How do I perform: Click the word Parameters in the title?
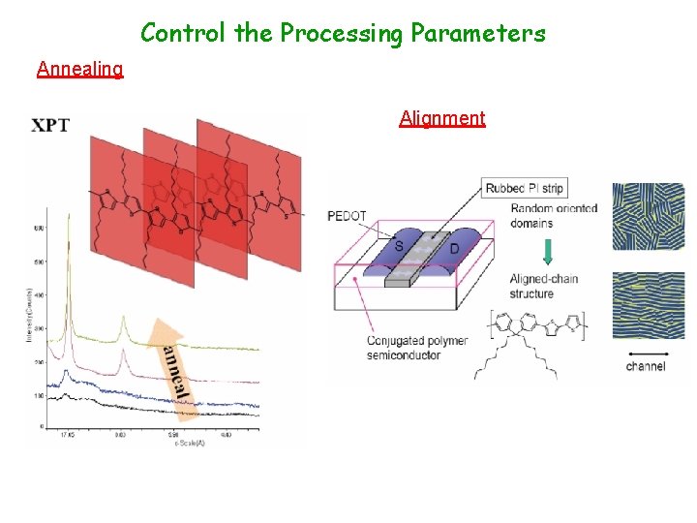478,34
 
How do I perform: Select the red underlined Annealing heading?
79,69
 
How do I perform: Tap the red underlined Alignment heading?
442,118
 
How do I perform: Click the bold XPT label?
50,125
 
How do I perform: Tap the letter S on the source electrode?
400,247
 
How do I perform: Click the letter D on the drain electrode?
454,250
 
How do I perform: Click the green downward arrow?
548,251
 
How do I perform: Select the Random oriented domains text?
554,216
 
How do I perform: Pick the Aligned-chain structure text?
544,287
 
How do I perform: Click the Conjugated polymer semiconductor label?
417,348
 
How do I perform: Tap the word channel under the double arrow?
646,366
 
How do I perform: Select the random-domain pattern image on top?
648,217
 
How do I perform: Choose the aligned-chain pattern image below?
648,304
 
